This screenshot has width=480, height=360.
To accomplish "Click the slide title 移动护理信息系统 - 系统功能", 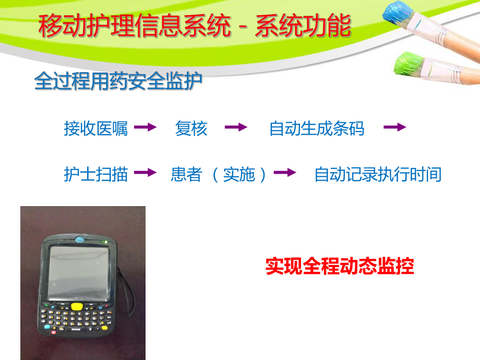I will [194, 26].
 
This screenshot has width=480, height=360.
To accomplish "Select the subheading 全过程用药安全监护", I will [118, 81].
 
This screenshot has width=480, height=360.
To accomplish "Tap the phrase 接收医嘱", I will [95, 128].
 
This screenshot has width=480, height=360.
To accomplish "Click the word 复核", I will [191, 128].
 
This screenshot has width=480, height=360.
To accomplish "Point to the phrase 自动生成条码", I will [317, 128].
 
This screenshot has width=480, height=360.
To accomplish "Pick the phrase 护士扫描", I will [95, 174].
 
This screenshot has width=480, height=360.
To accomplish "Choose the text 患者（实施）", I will [219, 174].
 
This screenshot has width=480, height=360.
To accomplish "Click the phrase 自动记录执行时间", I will [378, 174].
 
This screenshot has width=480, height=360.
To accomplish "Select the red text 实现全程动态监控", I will [340, 266].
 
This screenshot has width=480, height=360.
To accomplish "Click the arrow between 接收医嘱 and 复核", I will [145, 127].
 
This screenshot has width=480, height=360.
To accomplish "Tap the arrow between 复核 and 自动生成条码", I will [236, 127].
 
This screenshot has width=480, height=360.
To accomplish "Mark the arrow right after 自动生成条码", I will [394, 127].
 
